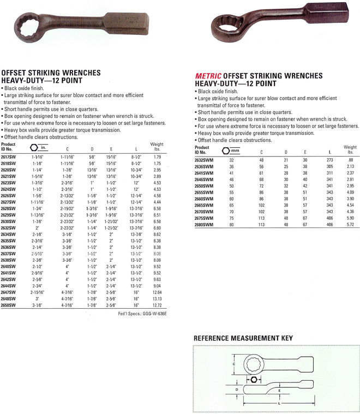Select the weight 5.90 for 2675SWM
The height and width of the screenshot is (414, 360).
tap(349, 218)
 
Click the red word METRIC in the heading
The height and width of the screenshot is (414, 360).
tap(208, 76)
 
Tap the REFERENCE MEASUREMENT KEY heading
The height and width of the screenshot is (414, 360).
tap(243, 338)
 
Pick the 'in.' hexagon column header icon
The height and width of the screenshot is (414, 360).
tap(39, 147)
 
